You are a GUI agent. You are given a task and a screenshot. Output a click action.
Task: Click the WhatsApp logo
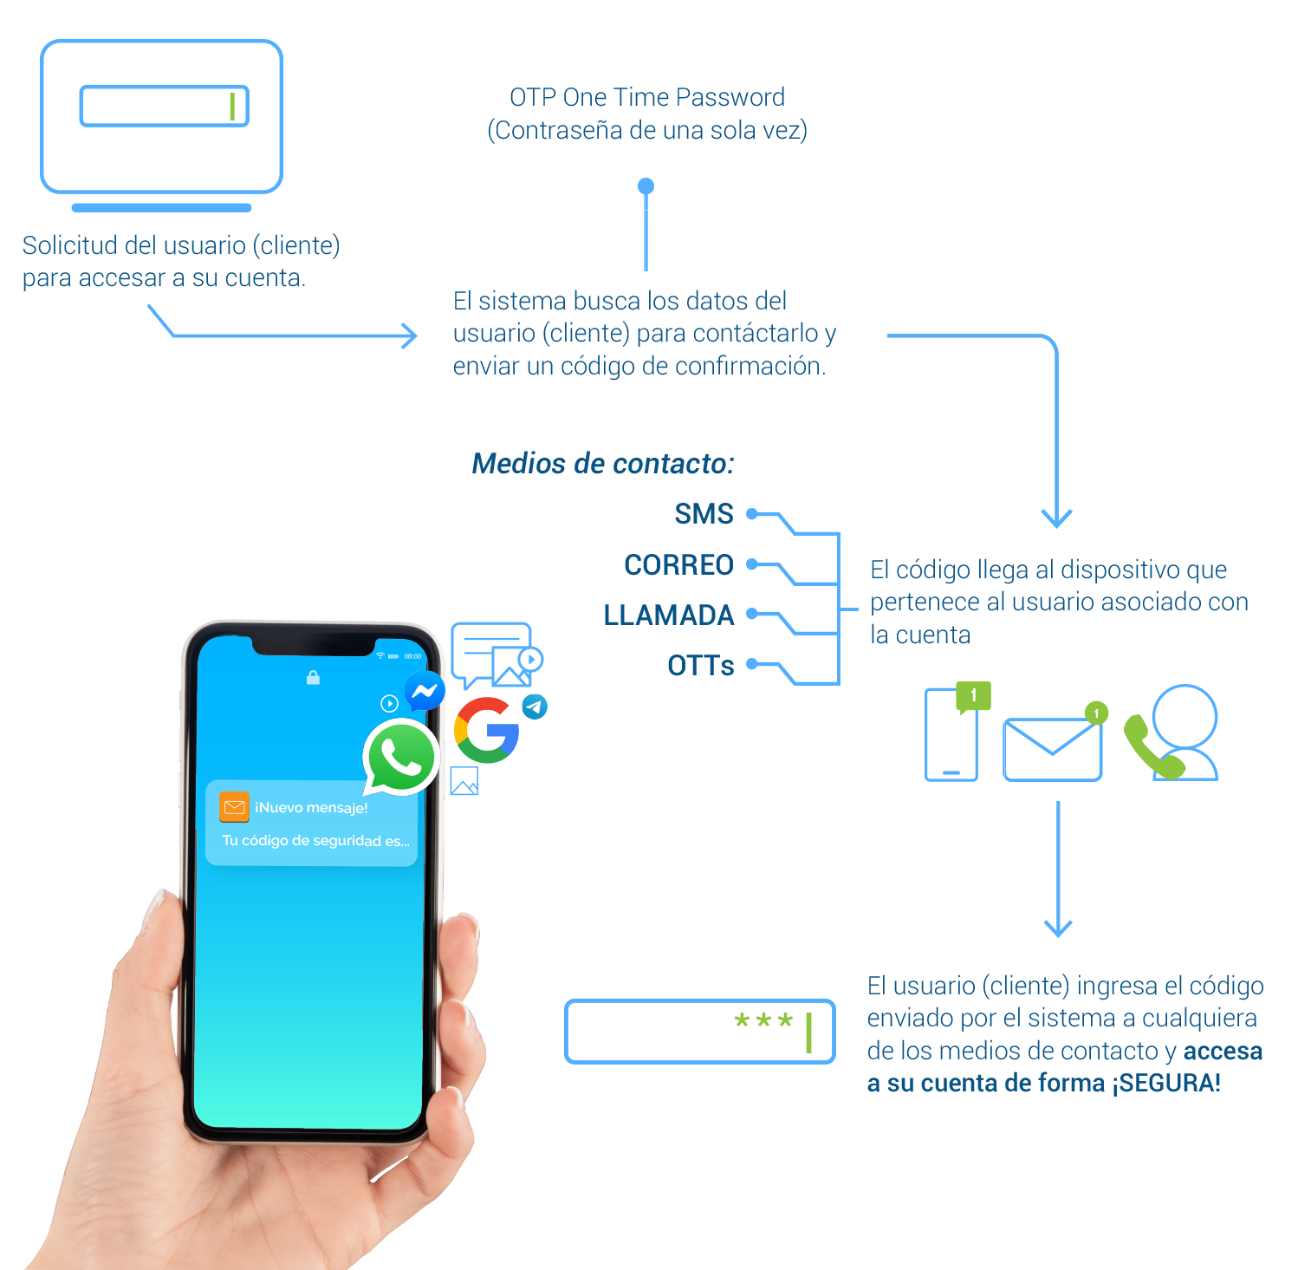(400, 757)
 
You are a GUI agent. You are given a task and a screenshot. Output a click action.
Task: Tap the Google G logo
(486, 730)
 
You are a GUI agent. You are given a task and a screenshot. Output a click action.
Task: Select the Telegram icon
(535, 707)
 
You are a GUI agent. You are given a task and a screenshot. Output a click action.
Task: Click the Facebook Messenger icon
(425, 691)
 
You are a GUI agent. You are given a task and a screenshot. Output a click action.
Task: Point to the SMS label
(704, 514)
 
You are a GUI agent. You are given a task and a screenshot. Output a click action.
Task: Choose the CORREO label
(678, 565)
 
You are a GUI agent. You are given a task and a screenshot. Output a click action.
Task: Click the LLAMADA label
(668, 615)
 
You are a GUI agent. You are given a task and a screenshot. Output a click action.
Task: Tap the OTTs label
(700, 666)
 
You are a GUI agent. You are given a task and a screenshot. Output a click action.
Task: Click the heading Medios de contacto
(603, 464)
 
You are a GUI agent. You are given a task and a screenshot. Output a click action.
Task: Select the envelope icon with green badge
(1053, 748)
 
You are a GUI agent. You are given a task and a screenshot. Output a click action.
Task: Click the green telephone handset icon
(1152, 747)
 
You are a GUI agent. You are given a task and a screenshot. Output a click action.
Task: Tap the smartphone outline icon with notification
(952, 733)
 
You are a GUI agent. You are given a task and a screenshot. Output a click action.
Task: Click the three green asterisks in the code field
(763, 1022)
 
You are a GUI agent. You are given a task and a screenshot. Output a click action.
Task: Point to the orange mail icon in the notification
(234, 807)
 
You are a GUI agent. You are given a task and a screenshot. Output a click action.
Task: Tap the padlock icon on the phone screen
(314, 677)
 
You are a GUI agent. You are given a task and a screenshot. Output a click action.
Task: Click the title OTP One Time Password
(647, 98)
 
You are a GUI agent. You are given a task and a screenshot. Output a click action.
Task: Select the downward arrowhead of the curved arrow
(1056, 517)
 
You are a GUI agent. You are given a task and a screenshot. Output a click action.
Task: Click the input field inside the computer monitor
(164, 107)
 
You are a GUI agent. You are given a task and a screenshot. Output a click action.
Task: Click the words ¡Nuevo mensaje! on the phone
(311, 808)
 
